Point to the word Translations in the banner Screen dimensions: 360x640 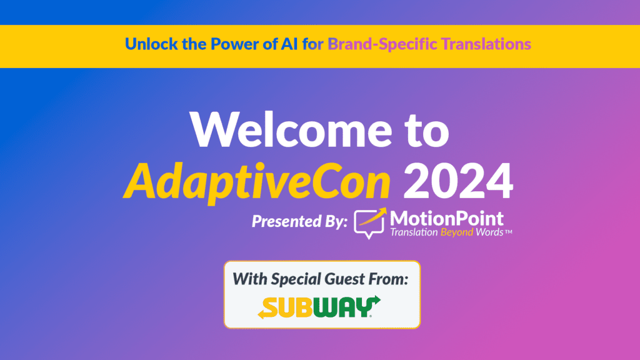pos(487,44)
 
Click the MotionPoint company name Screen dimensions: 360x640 pos(446,218)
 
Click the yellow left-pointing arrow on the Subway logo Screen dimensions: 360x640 pos(266,312)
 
